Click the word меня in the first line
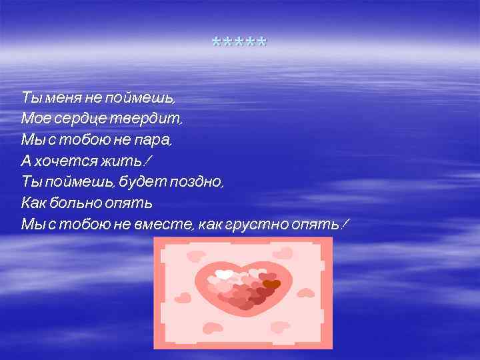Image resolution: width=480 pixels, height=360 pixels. [x=62, y=98]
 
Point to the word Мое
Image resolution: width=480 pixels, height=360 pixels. [x=33, y=119]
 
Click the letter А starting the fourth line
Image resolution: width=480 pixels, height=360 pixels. [x=27, y=161]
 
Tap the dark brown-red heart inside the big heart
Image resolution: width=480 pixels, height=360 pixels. [x=271, y=285]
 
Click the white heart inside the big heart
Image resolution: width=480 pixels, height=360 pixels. [x=225, y=274]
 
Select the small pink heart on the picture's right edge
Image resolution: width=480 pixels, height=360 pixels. [x=306, y=293]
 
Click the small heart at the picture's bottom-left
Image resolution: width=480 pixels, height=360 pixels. [x=212, y=328]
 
